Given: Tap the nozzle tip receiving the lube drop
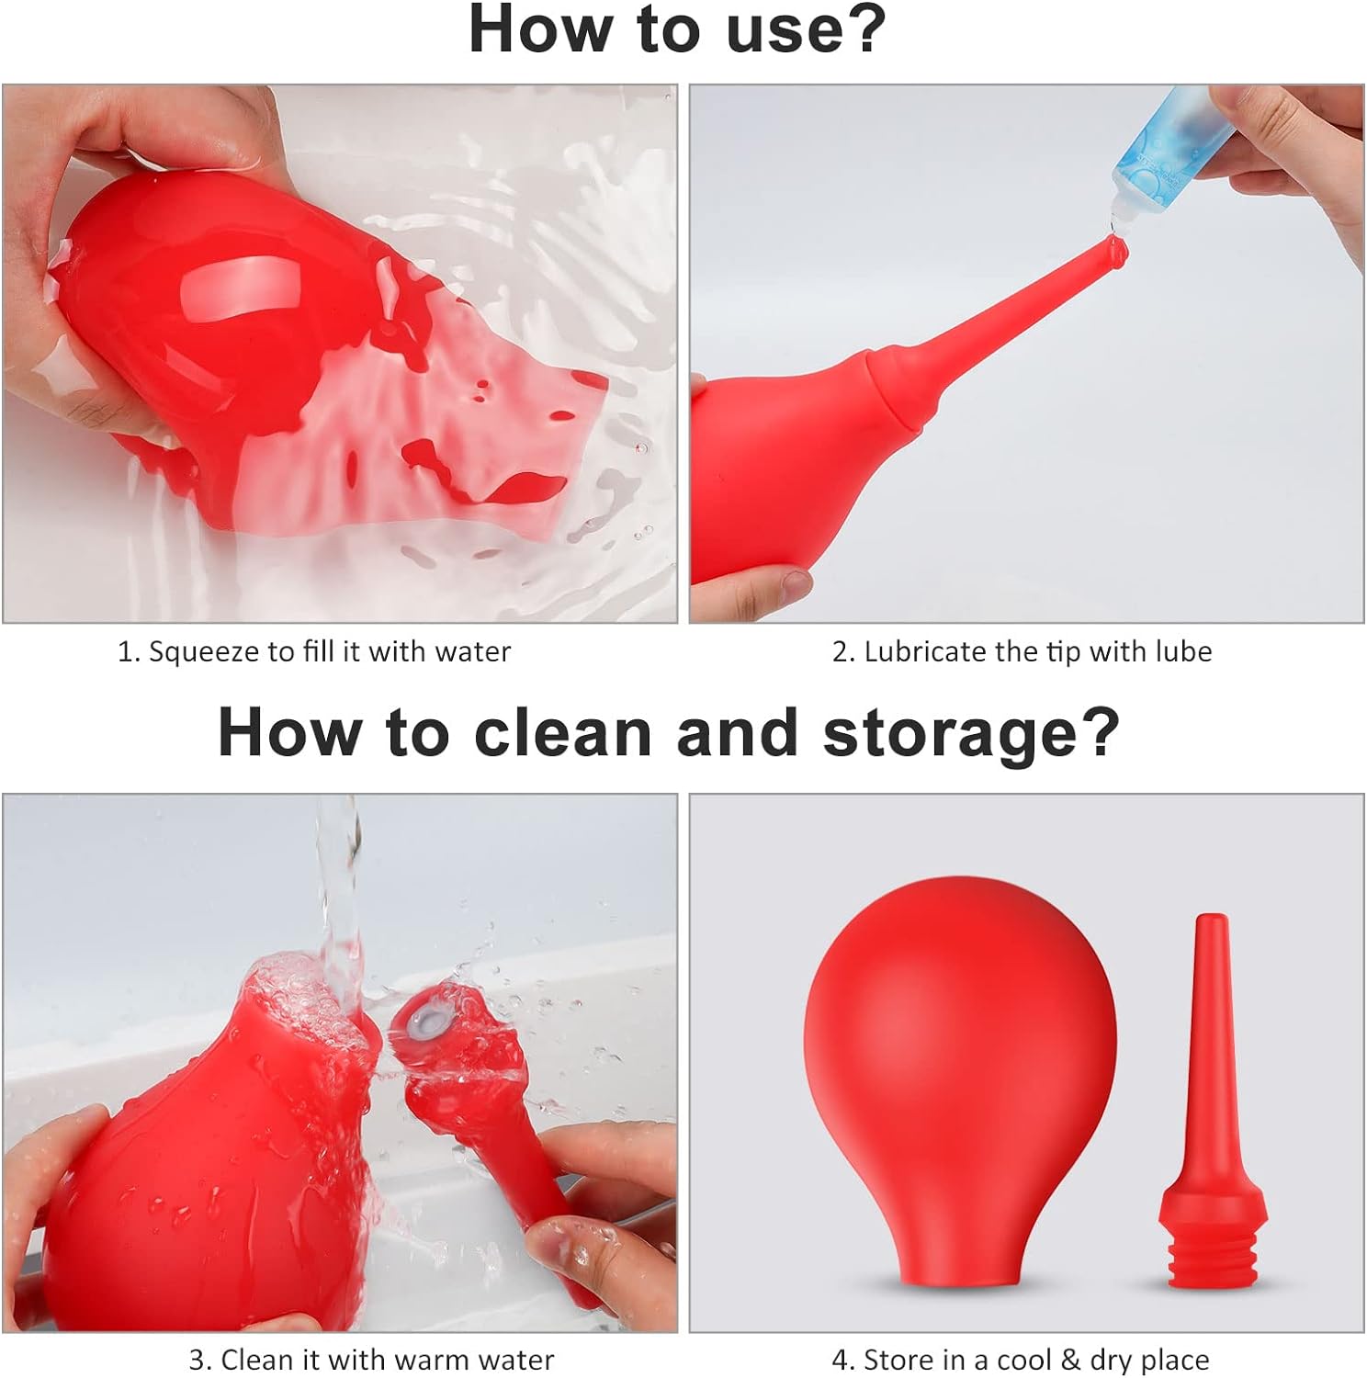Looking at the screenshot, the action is pos(1115,249).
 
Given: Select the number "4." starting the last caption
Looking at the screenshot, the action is pos(843,1360).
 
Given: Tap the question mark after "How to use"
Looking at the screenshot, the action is pos(865,30).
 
